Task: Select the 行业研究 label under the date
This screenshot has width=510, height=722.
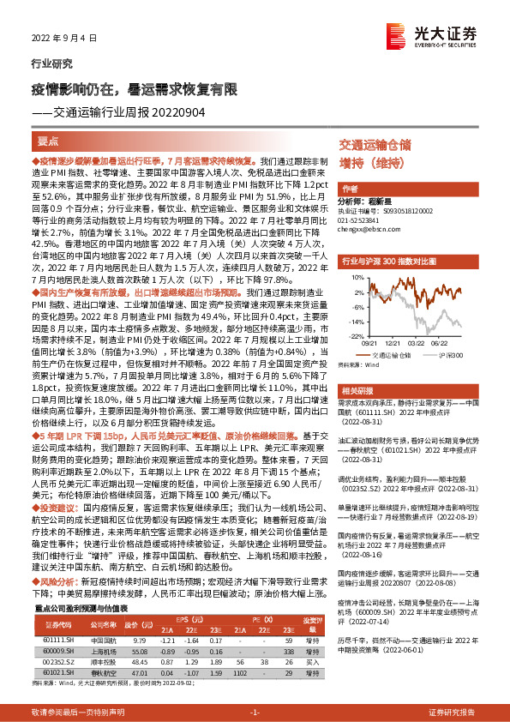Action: (x=51, y=63)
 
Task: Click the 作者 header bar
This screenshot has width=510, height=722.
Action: (x=350, y=189)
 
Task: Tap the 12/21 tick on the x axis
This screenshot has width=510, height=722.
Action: (x=387, y=343)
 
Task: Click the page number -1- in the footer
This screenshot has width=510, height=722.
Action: (x=255, y=712)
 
